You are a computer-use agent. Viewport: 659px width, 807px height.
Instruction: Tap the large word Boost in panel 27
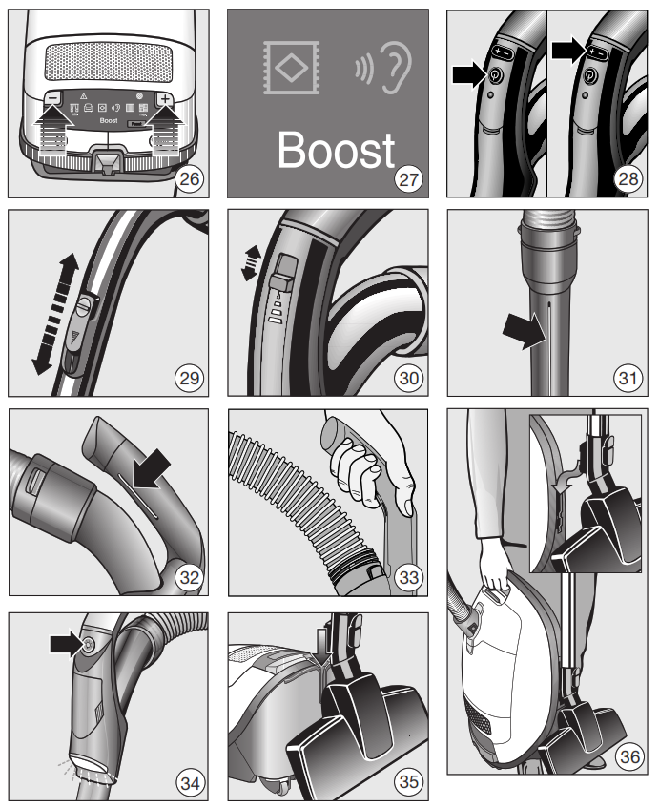[336, 151]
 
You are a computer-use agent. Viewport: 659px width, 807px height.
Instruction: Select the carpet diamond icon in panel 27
[286, 68]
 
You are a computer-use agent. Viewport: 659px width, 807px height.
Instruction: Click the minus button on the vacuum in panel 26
[54, 98]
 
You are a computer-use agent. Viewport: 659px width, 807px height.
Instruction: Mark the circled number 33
[408, 579]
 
